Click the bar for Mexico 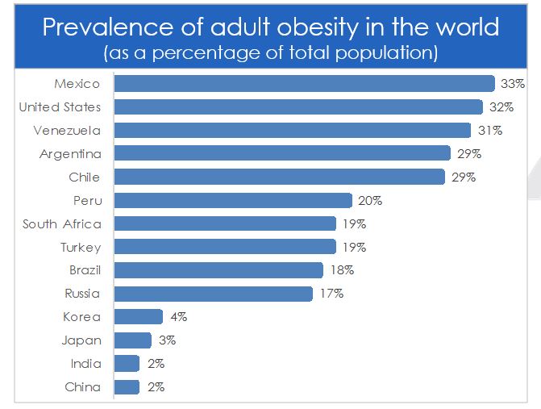point(304,84)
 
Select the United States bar point(298,107)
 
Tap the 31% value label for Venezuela point(491,131)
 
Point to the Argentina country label point(70,154)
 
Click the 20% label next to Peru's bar point(371,201)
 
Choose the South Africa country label point(62,224)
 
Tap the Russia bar point(214,294)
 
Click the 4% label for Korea point(177,317)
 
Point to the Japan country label point(81,340)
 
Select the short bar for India point(127,364)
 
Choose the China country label point(83,387)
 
